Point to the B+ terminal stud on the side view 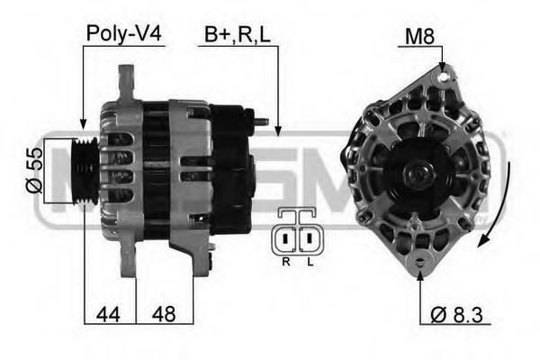point(261,119)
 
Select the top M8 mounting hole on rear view point(442,78)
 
